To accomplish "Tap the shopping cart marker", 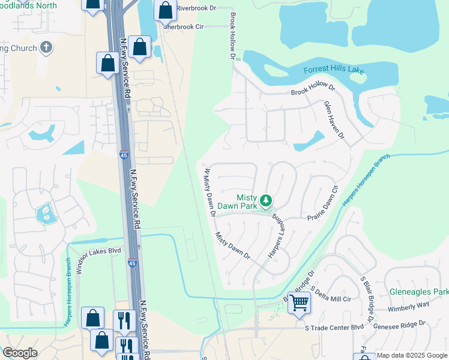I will tap(298, 302).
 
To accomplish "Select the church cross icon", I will tap(46, 48).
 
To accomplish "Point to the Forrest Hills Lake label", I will tap(334, 70).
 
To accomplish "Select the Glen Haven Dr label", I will tap(334, 120).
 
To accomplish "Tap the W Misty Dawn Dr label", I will tap(209, 191).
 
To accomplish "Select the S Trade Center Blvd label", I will tap(334, 328).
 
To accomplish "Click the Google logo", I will tap(20, 353).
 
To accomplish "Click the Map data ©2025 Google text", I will tap(412, 355).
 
